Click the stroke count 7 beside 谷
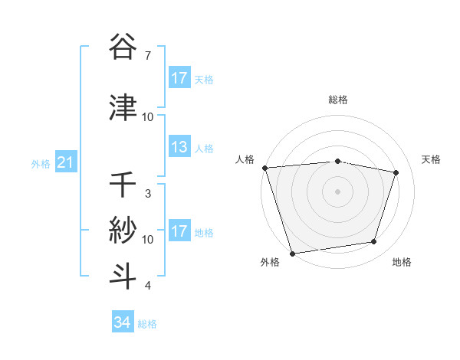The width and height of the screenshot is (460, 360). pos(148,56)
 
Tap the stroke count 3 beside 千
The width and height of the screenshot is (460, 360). pos(148,194)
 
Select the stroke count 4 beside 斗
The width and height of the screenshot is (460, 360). pos(148,286)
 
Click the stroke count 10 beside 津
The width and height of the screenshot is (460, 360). pos(148,117)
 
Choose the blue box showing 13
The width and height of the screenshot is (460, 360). pos(179,148)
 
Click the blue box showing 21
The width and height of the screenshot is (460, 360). pos(65,163)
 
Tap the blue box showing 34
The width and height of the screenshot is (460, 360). pos(122,323)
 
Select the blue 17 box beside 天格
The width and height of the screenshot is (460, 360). pos(179,79)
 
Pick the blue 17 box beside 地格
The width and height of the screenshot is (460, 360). pos(179,232)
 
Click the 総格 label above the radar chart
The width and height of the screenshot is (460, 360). pos(338,100)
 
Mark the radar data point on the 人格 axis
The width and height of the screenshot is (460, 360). pos(264,168)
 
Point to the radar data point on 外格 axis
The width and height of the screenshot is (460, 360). pos(293,253)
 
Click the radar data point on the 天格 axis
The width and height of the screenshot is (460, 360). pos(396,172)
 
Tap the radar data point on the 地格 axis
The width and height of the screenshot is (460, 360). pos(374,242)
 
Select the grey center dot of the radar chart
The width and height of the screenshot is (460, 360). pos(338,191)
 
